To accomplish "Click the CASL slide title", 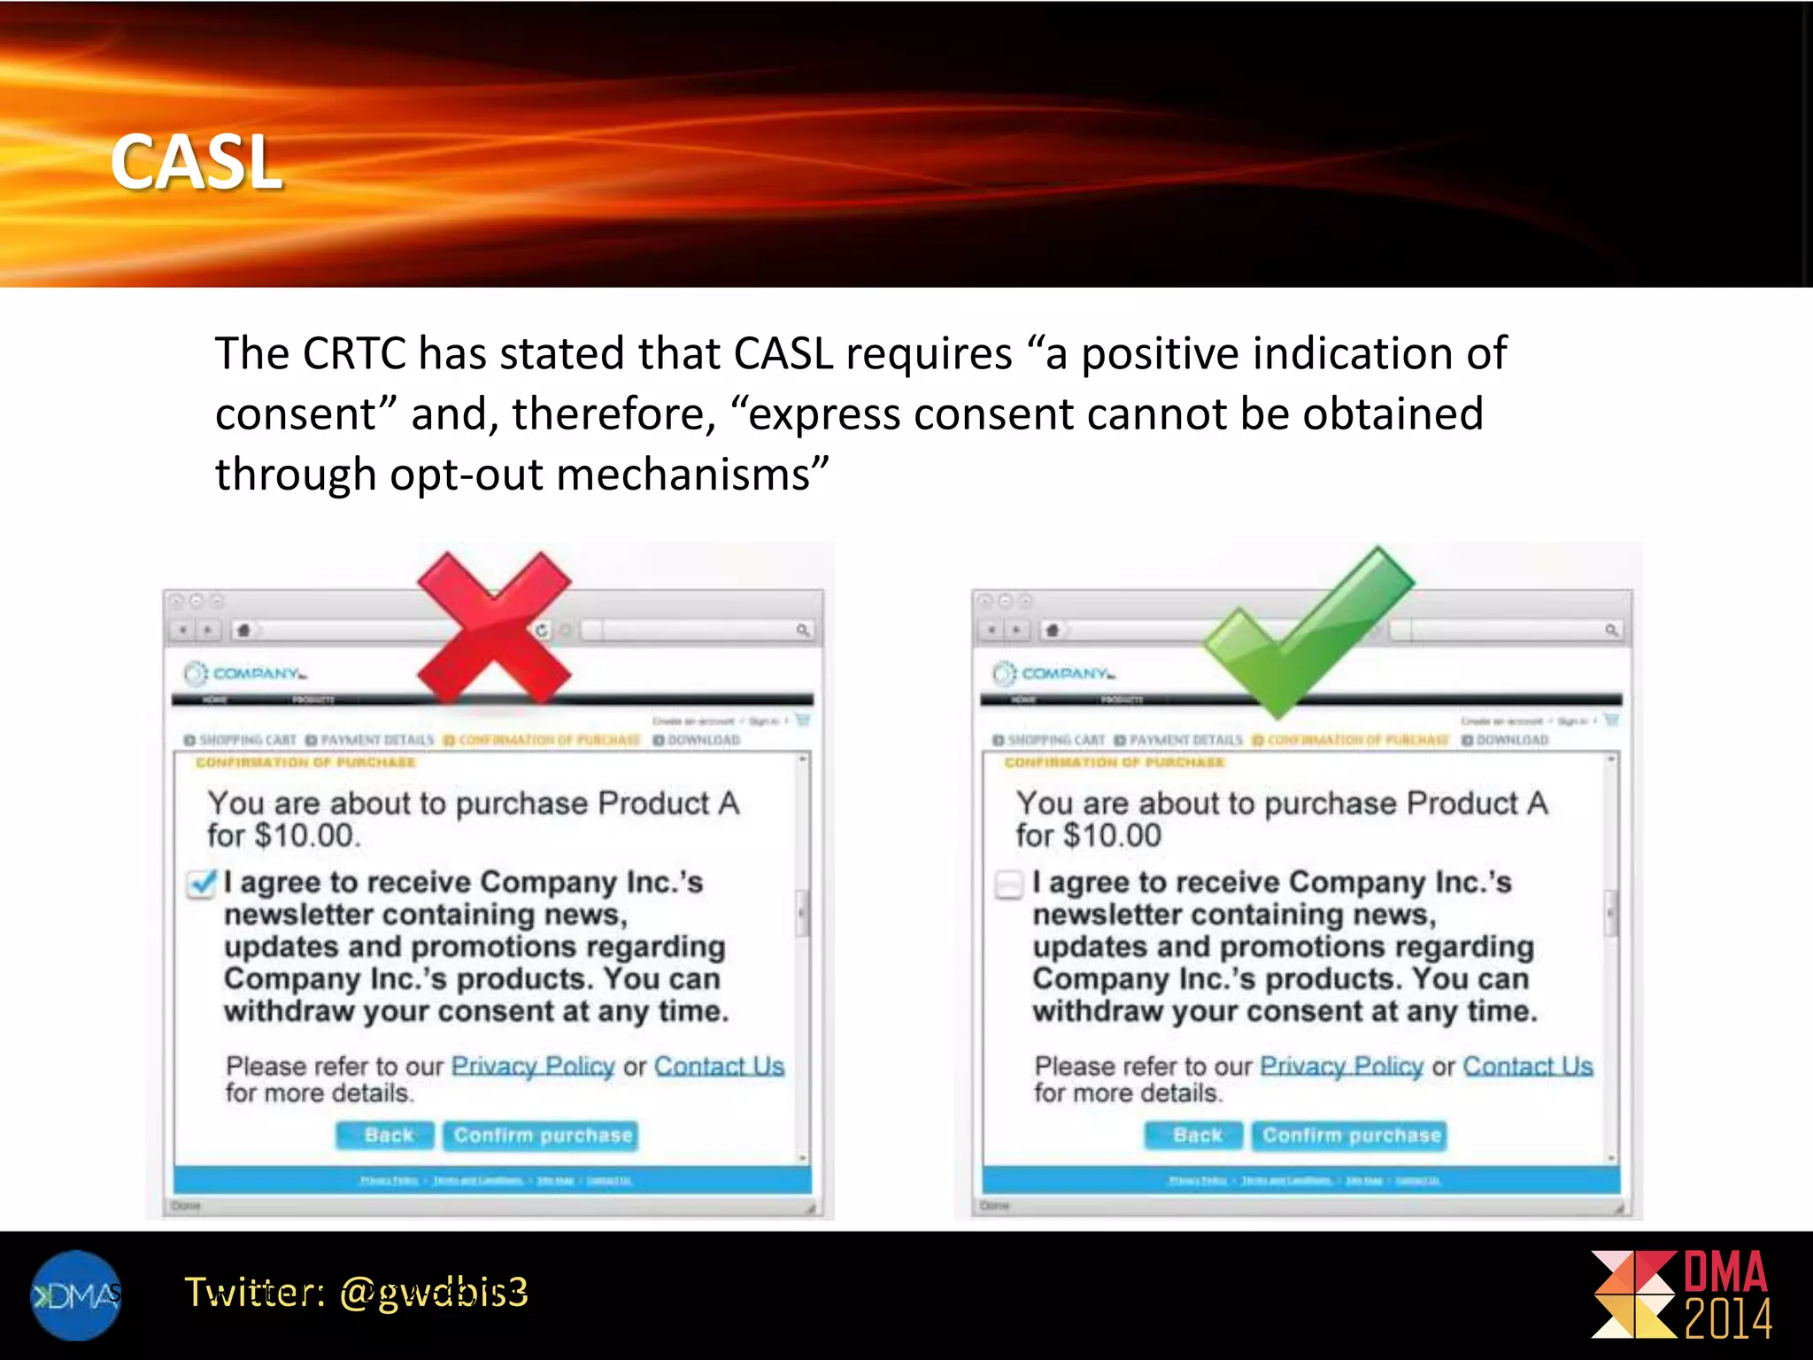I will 197,162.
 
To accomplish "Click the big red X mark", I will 494,628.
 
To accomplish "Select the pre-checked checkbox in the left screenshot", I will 202,884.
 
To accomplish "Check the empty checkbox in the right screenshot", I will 1009,885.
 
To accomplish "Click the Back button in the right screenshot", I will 1196,1136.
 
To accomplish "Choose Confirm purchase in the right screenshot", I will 1351,1136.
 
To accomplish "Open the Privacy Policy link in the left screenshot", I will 532,1066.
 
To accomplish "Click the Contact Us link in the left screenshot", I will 719,1066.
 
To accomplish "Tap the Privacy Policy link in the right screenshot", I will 1341,1066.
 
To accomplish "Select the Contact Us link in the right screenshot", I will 1527,1066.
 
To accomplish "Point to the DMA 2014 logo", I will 1682,1294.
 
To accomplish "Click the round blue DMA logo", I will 75,1295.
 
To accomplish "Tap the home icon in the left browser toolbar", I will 243,630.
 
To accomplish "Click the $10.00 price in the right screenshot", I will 1112,836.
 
